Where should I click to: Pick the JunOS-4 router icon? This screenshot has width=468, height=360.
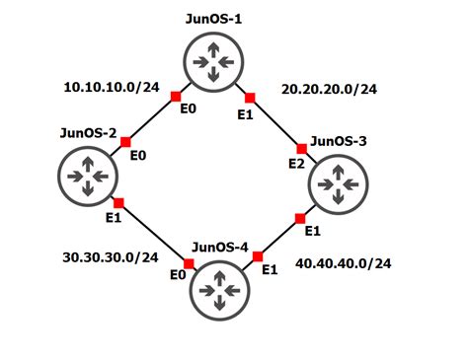point(219,290)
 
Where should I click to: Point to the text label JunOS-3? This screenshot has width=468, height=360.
point(339,141)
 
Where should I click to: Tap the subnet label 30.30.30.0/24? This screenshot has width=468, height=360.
point(110,257)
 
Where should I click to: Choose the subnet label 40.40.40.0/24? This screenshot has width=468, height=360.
point(344,263)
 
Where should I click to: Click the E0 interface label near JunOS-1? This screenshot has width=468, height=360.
point(187,108)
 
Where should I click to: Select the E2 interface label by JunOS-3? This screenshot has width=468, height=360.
point(295,163)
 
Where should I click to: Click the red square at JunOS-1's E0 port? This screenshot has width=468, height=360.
point(175,96)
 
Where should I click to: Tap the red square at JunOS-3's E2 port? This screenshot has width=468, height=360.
point(303,148)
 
